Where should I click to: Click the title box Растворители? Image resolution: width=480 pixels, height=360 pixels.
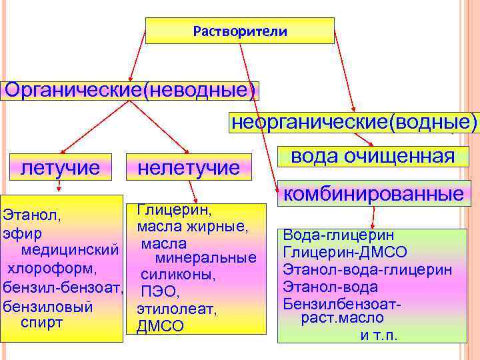pyautogui.click(x=239, y=31)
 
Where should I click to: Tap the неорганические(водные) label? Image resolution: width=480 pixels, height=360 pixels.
pyautogui.click(x=354, y=122)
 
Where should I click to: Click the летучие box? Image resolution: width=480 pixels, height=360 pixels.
pyautogui.click(x=61, y=167)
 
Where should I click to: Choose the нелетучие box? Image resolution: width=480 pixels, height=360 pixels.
pyautogui.click(x=188, y=167)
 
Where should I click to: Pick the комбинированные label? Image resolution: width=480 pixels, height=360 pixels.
pyautogui.click(x=373, y=194)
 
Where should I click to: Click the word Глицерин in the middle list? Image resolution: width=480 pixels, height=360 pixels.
pyautogui.click(x=175, y=210)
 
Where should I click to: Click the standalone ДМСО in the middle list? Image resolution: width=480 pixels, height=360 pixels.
pyautogui.click(x=159, y=327)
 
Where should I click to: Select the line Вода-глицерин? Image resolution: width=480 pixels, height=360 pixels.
pyautogui.click(x=339, y=235)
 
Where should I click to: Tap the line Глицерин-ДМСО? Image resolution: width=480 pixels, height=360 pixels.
pyautogui.click(x=345, y=253)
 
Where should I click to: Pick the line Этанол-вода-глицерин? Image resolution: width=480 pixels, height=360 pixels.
pyautogui.click(x=367, y=270)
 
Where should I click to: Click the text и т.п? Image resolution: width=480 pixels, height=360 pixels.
pyautogui.click(x=379, y=335)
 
